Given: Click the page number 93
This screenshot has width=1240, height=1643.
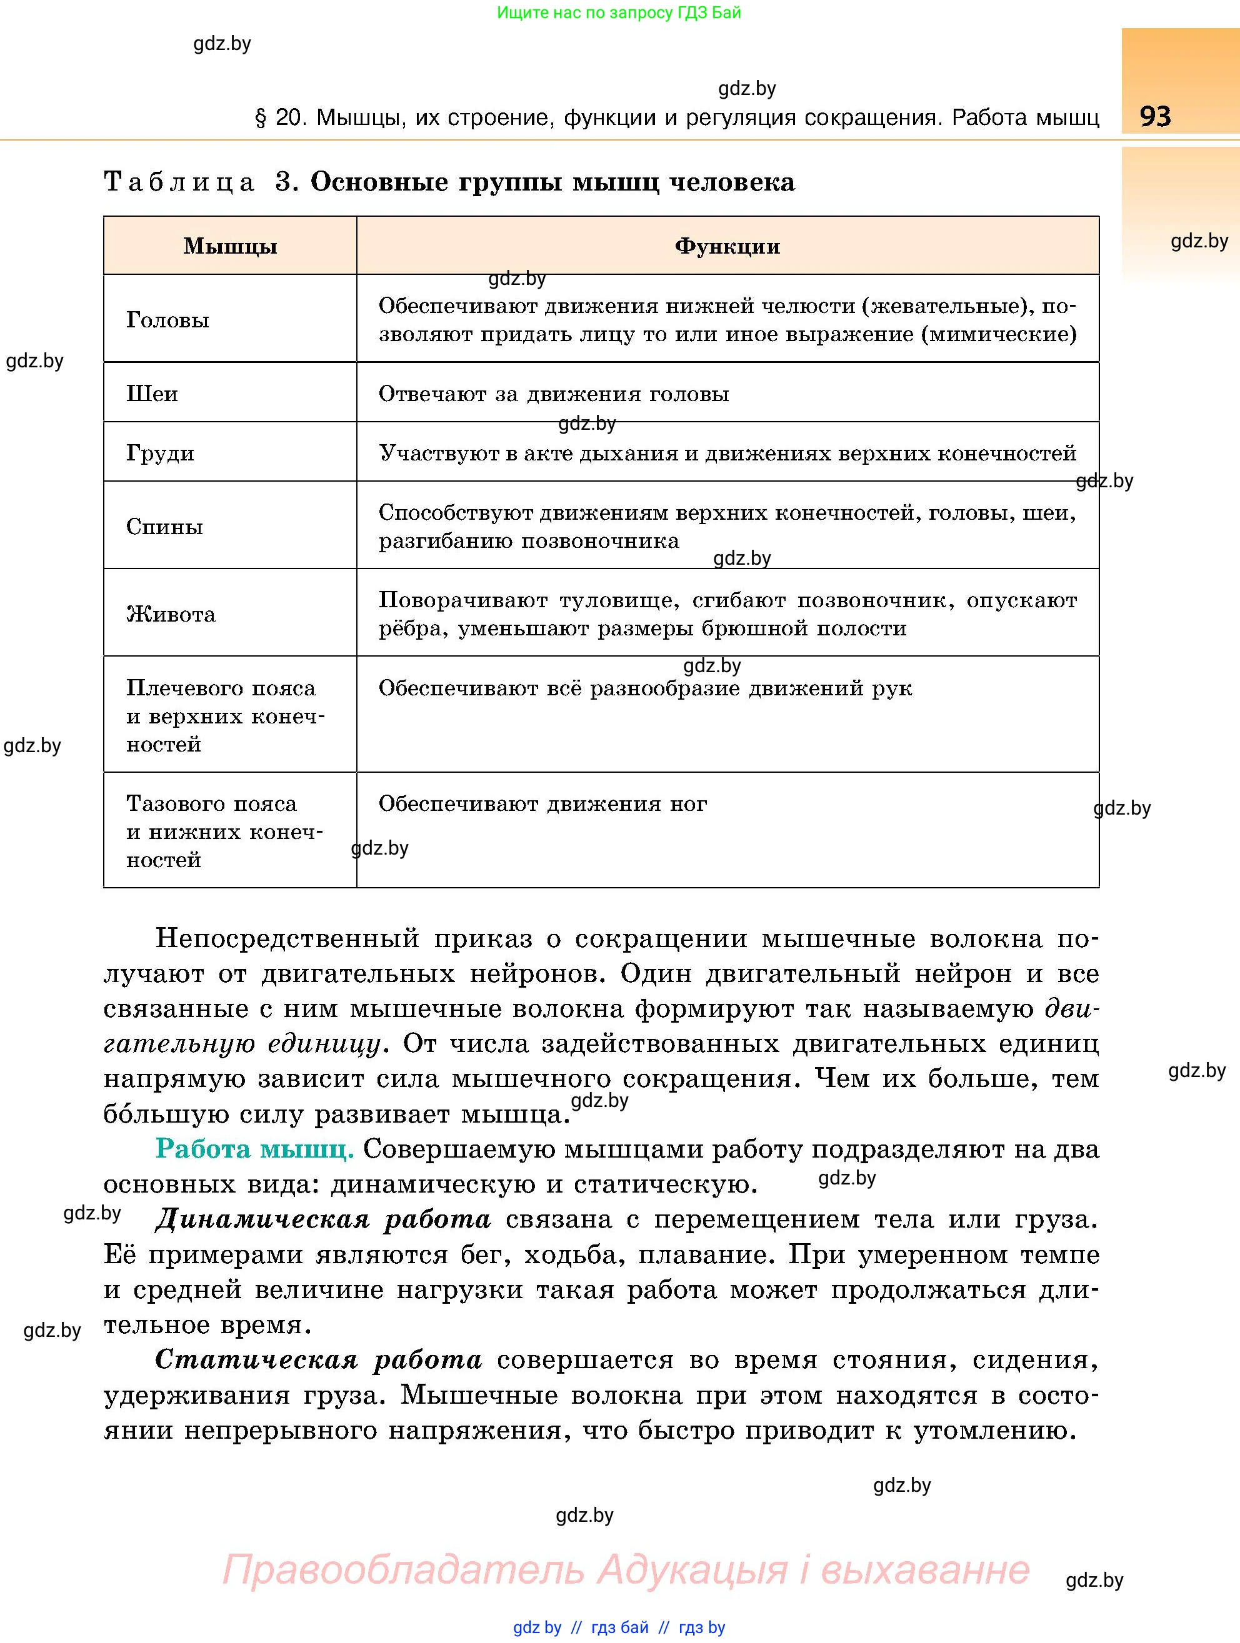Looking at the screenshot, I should [1155, 117].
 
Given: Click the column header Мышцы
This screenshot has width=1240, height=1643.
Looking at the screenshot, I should [231, 246].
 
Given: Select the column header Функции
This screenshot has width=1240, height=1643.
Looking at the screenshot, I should [727, 246].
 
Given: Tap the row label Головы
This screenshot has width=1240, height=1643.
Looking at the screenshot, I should [168, 320].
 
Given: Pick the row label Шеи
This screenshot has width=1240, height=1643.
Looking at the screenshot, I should [152, 393].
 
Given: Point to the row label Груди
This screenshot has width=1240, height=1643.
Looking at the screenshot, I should [161, 452].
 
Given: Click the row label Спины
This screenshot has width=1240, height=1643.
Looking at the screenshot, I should [165, 527].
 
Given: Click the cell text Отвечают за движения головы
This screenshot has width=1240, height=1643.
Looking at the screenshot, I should [554, 394].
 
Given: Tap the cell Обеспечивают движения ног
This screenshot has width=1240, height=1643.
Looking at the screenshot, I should [542, 803].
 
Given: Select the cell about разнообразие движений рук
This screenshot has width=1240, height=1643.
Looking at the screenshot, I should [645, 688].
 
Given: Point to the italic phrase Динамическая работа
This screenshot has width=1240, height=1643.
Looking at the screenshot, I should [323, 1219].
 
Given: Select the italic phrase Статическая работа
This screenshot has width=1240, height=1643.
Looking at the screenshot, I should [319, 1360].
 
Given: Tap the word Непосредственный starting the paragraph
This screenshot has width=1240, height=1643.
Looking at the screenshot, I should [287, 939].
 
